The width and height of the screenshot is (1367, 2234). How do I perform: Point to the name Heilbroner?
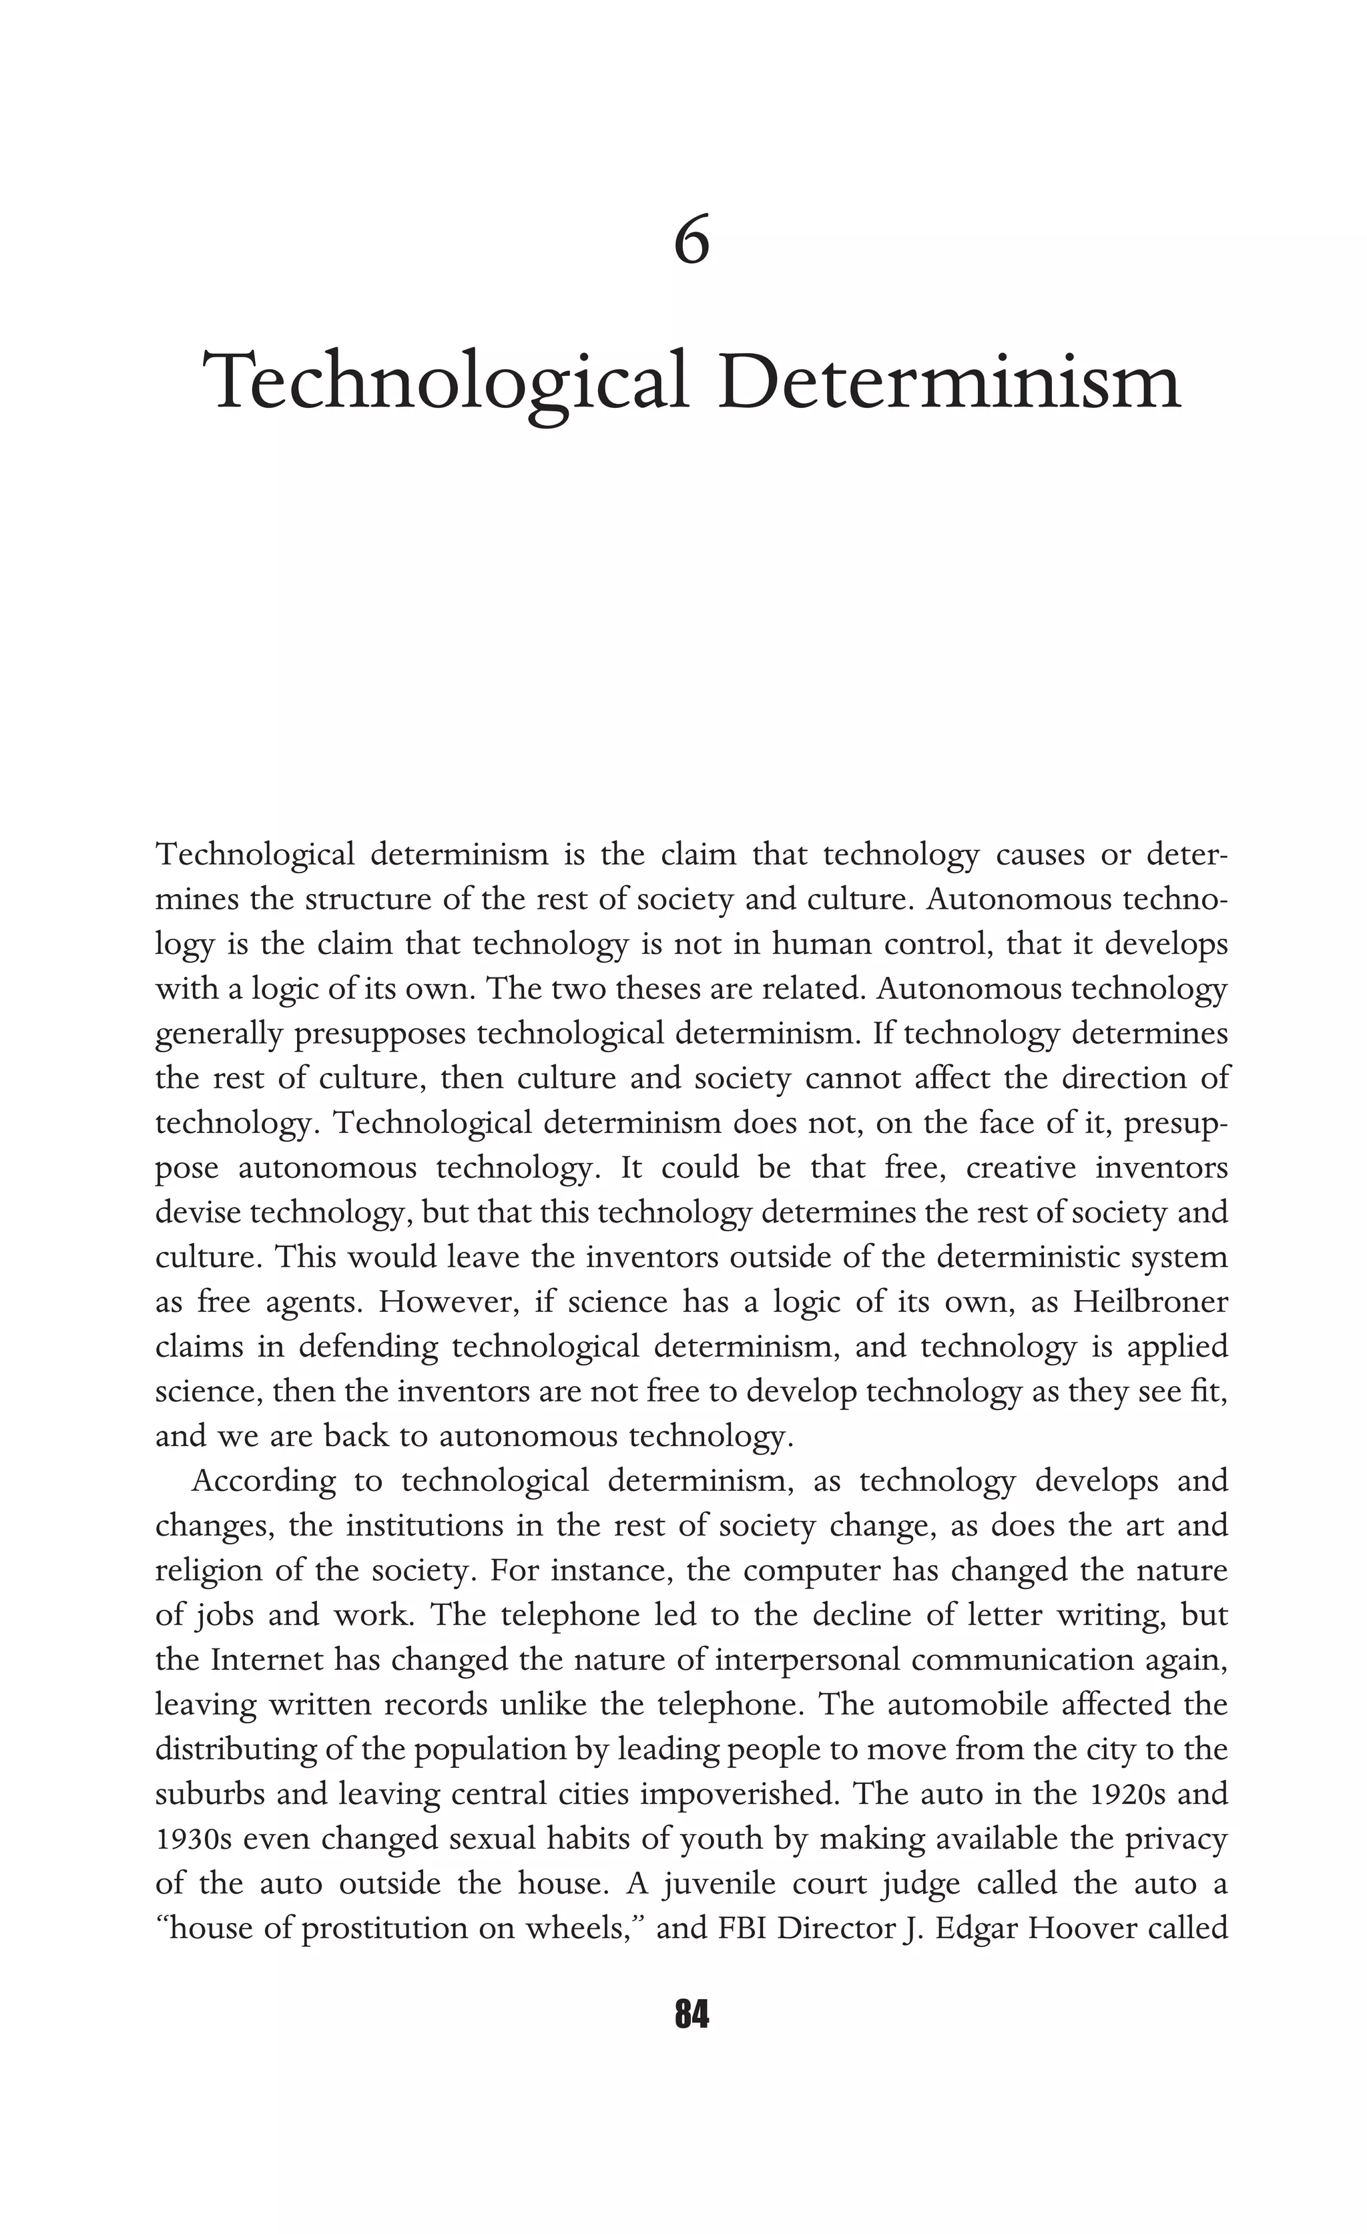click(1150, 1302)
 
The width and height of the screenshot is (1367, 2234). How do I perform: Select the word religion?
click(210, 1570)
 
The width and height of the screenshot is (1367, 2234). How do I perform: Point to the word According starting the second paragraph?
click(264, 1481)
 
